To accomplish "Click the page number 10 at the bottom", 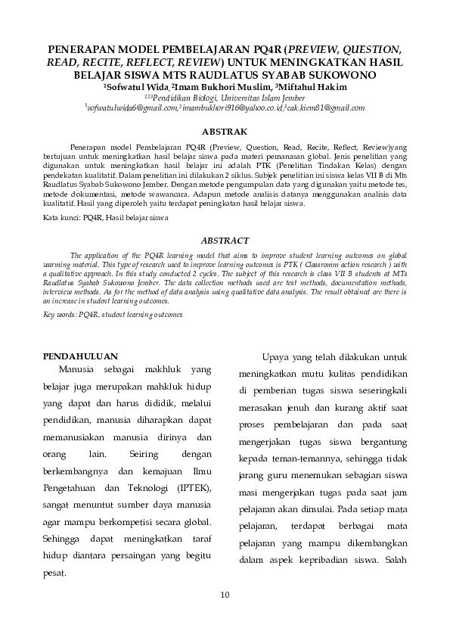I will (x=225, y=594).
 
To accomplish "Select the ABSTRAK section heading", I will (x=225, y=132).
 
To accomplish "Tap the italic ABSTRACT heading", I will (x=225, y=240).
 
